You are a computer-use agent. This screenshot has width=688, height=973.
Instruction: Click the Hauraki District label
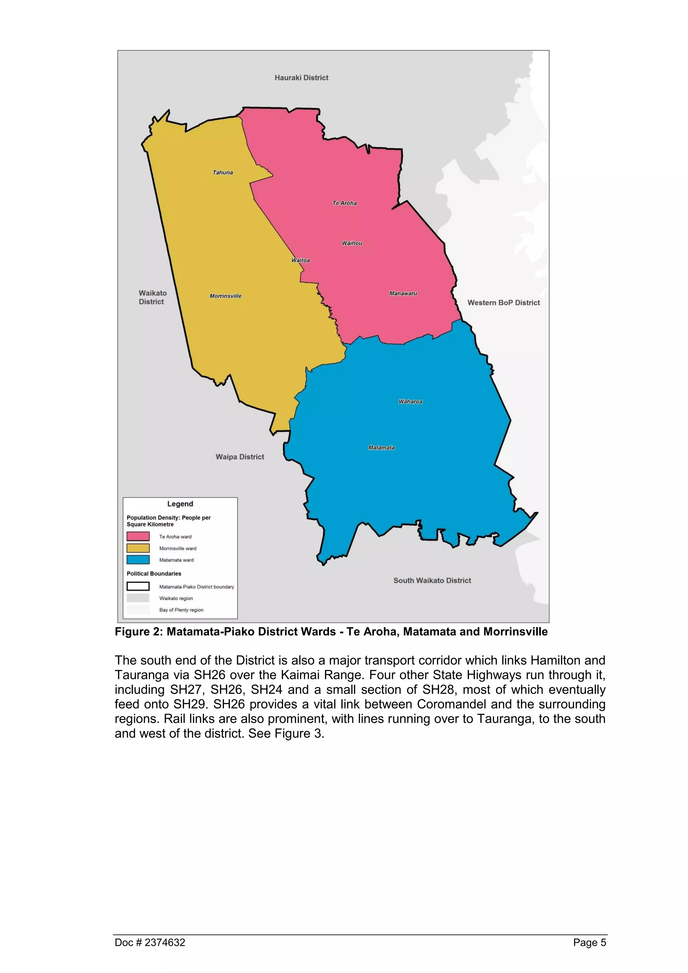pyautogui.click(x=301, y=78)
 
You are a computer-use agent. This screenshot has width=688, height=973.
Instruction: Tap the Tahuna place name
pyautogui.click(x=222, y=172)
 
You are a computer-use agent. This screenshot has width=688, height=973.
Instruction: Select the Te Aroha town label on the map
pyautogui.click(x=344, y=203)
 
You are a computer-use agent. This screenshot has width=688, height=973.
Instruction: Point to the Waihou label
pyautogui.click(x=352, y=243)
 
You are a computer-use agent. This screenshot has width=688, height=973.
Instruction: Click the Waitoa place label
pyautogui.click(x=300, y=260)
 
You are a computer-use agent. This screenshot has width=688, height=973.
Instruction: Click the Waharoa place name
pyautogui.click(x=410, y=401)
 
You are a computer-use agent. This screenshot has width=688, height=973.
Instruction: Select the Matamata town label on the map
pyautogui.click(x=381, y=448)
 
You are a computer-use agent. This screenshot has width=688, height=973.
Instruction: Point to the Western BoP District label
pyautogui.click(x=503, y=303)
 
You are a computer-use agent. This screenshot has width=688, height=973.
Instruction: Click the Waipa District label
pyautogui.click(x=240, y=457)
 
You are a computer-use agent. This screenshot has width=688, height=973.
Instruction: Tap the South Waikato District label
pyautogui.click(x=432, y=581)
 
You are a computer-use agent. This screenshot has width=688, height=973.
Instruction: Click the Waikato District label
pyautogui.click(x=153, y=297)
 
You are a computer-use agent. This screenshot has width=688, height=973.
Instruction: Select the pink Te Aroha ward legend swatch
pyautogui.click(x=138, y=537)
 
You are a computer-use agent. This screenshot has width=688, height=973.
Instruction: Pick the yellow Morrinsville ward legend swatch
pyautogui.click(x=138, y=548)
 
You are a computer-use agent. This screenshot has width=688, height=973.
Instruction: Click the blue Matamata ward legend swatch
pyautogui.click(x=138, y=560)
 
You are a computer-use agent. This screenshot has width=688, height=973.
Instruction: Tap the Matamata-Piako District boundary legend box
pyautogui.click(x=138, y=587)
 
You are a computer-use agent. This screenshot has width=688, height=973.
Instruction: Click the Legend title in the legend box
pyautogui.click(x=180, y=504)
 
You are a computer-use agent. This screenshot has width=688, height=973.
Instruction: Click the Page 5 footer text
pyautogui.click(x=589, y=942)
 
